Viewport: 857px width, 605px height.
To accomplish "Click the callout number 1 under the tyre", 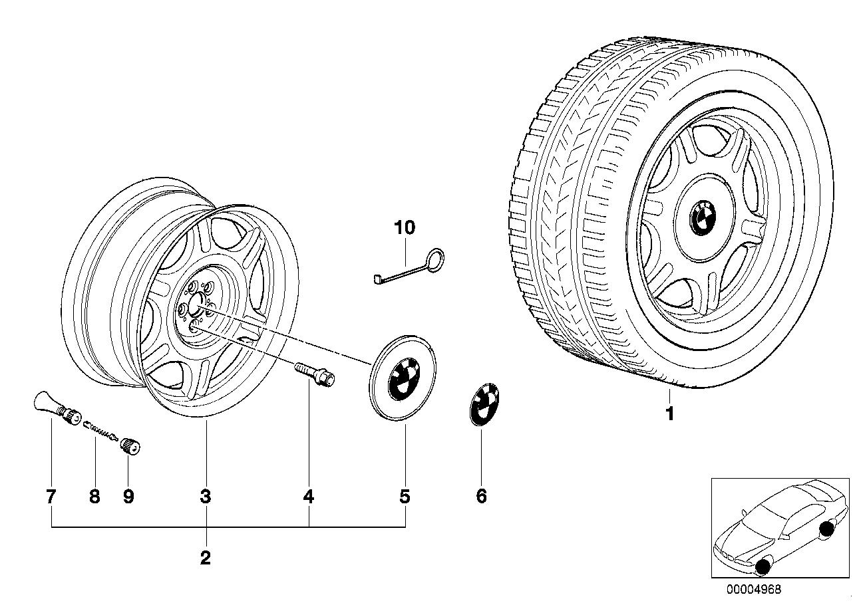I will point(670,414).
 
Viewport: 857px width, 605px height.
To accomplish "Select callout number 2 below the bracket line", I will point(206,557).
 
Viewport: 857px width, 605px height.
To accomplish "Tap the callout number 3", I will point(206,496).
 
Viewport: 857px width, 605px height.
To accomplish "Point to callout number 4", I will point(309,496).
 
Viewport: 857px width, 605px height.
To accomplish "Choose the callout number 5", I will point(405,496).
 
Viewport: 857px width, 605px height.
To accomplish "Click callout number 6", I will point(481,496).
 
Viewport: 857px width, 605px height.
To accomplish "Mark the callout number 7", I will point(51,496).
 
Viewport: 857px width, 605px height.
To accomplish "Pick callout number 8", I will point(94,496).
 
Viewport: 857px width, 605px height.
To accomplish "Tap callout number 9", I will point(128,496).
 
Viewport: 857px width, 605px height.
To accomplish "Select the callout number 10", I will point(405,228).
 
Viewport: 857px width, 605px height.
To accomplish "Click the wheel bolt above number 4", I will point(316,373).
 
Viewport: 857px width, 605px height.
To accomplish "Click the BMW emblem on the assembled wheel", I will point(702,217).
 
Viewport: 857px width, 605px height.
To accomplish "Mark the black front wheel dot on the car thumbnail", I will point(763,566).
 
